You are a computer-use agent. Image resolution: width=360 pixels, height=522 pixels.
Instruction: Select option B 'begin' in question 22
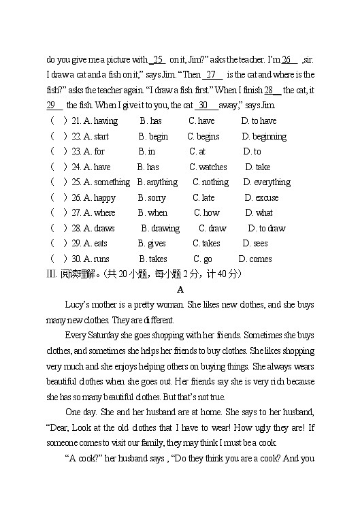153,137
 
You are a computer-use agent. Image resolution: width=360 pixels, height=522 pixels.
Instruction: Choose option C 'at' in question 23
197,152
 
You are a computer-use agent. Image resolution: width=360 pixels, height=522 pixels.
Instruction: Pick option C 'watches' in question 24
208,167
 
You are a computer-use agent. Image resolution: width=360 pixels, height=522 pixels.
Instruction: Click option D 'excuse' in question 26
261,198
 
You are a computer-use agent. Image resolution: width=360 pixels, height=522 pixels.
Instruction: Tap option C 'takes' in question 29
206,244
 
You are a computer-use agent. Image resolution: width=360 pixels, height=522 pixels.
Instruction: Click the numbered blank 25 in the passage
158,60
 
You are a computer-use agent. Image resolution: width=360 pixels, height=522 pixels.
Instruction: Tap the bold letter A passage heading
180,289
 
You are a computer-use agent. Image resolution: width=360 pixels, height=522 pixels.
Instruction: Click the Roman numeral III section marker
52,274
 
